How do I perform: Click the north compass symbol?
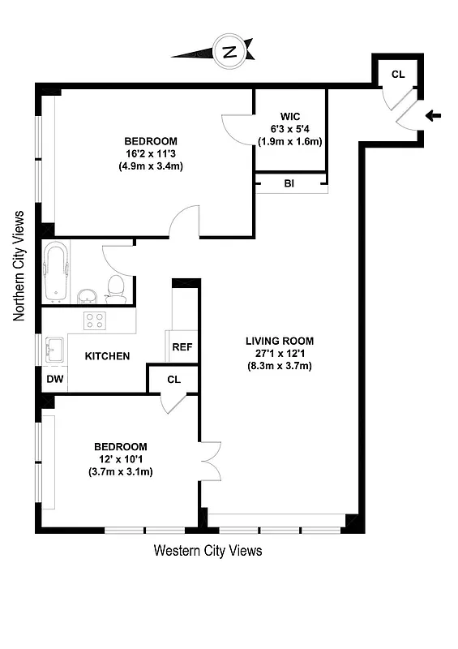click(x=229, y=53)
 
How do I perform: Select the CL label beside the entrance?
click(x=398, y=74)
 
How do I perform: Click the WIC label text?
click(x=290, y=116)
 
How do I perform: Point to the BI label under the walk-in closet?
click(x=289, y=184)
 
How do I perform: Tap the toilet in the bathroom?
click(x=116, y=289)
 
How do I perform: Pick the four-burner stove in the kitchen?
click(x=95, y=320)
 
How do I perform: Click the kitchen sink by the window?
click(x=56, y=351)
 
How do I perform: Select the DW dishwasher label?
click(x=54, y=379)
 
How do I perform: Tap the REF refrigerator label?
click(x=182, y=346)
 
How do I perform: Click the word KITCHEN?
click(x=108, y=355)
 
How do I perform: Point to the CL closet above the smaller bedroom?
click(x=173, y=379)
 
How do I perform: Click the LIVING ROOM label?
click(x=280, y=341)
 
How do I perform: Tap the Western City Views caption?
click(x=208, y=551)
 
